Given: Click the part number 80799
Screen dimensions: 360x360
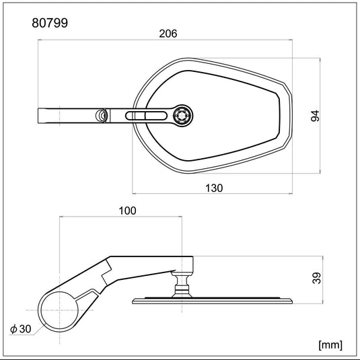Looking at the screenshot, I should click(x=50, y=23).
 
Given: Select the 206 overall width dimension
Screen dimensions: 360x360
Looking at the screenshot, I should click(x=168, y=34).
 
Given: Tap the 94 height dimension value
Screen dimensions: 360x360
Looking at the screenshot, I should click(x=314, y=115).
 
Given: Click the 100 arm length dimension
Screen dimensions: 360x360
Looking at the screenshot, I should click(x=127, y=211).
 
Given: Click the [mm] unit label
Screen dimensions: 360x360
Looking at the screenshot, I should click(x=330, y=345).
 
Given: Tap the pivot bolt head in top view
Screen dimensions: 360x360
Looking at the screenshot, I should click(x=180, y=115).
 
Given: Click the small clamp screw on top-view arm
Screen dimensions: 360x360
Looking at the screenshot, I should click(x=102, y=116).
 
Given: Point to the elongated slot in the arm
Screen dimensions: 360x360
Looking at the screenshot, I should click(x=148, y=116).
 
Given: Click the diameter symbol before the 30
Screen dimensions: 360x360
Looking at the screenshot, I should click(x=14, y=328).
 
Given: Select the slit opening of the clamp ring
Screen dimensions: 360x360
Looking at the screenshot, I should click(x=93, y=292).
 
